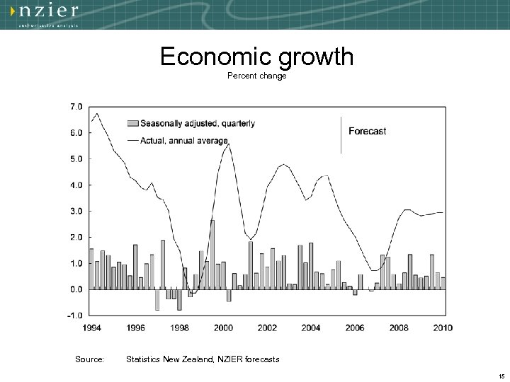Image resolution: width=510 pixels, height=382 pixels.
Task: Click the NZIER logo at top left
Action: click(x=48, y=13)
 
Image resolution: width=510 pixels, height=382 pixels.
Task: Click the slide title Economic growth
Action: click(x=256, y=57)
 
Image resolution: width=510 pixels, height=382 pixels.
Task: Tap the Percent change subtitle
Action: click(x=256, y=76)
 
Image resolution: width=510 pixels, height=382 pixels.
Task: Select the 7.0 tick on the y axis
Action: click(x=75, y=106)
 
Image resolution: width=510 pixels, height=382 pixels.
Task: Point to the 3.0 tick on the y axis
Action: click(x=75, y=211)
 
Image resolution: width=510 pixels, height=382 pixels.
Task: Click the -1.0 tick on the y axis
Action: click(x=74, y=316)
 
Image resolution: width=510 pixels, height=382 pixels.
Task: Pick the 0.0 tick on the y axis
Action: click(x=75, y=289)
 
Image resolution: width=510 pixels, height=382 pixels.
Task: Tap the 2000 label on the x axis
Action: click(x=224, y=328)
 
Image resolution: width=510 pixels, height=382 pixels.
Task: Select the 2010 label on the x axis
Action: click(x=443, y=328)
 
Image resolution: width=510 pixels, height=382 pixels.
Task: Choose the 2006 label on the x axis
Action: click(x=355, y=328)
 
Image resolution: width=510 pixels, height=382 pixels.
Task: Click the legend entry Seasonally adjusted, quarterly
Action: click(x=198, y=123)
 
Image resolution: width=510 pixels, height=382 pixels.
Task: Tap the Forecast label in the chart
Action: click(x=368, y=131)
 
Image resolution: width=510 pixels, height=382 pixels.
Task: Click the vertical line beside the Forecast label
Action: click(x=341, y=134)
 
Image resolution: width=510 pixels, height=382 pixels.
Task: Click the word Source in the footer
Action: click(x=89, y=359)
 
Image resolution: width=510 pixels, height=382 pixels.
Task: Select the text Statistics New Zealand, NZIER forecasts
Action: click(x=203, y=359)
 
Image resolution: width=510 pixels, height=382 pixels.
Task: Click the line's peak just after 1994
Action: click(x=97, y=113)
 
